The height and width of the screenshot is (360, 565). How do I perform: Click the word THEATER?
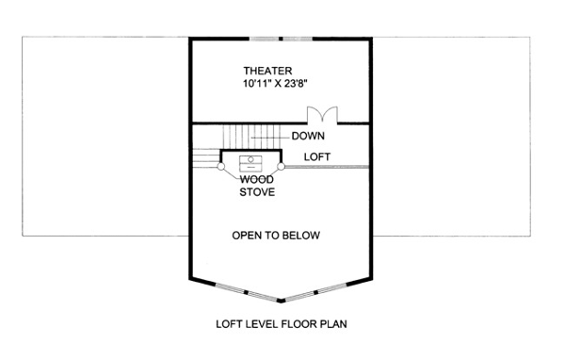click(x=267, y=71)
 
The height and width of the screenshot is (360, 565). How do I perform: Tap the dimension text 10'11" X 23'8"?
click(x=275, y=84)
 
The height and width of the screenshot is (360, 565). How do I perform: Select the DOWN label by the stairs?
click(x=308, y=136)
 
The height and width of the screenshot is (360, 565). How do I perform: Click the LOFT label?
click(x=317, y=157)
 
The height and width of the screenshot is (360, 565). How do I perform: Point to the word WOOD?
click(x=257, y=179)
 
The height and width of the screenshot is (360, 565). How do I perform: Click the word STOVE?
click(x=257, y=192)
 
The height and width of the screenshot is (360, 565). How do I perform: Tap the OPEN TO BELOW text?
click(x=276, y=236)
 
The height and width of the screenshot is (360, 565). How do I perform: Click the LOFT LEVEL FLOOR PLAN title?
click(x=282, y=324)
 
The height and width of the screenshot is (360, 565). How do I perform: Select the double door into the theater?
click(x=322, y=115)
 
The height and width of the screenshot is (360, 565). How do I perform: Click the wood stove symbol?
click(x=250, y=164)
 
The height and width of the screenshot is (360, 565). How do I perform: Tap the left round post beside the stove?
click(x=221, y=166)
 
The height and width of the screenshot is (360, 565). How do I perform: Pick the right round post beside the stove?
click(x=281, y=166)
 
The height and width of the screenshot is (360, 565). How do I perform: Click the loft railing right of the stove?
click(x=327, y=167)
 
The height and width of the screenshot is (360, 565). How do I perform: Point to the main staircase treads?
click(x=251, y=137)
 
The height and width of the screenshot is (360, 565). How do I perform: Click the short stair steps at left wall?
click(x=206, y=158)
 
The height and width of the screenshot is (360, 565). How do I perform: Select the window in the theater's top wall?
click(x=281, y=39)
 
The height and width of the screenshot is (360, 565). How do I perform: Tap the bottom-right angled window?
click(x=315, y=292)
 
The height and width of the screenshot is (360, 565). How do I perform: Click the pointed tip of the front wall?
click(x=281, y=302)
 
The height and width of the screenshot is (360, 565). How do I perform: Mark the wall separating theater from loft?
click(x=250, y=123)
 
